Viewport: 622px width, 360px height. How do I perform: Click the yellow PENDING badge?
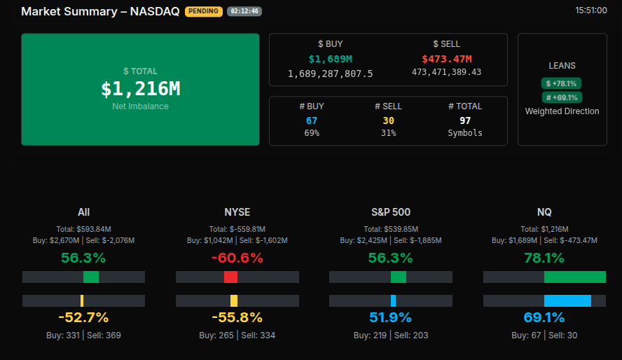click(204, 11)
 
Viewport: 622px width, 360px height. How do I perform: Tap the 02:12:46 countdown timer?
click(244, 11)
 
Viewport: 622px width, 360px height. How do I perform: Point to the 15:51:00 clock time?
click(590, 11)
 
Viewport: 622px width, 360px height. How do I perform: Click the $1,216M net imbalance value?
click(140, 89)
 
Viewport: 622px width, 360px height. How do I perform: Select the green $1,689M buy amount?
click(330, 59)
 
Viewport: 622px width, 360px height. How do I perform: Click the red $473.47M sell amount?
click(446, 59)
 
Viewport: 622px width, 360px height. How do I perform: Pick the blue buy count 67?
click(312, 120)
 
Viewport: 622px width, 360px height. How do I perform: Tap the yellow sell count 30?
click(387, 120)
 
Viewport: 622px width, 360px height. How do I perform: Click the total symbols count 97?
click(465, 120)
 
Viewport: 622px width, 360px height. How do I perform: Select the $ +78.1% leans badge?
click(562, 83)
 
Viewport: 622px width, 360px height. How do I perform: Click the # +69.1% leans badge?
click(562, 97)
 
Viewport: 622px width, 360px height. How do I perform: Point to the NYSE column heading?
click(237, 212)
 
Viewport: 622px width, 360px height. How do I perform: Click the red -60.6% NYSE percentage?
click(237, 258)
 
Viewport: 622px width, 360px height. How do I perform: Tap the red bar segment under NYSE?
click(230, 277)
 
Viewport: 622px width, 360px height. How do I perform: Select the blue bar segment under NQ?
click(567, 300)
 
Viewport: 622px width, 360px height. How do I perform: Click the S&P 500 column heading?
click(392, 212)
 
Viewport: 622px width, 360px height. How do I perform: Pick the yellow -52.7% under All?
click(83, 317)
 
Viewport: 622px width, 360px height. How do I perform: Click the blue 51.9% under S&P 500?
click(392, 317)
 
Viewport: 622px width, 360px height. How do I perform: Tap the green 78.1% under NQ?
click(544, 258)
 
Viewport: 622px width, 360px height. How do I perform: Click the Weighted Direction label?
click(562, 111)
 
